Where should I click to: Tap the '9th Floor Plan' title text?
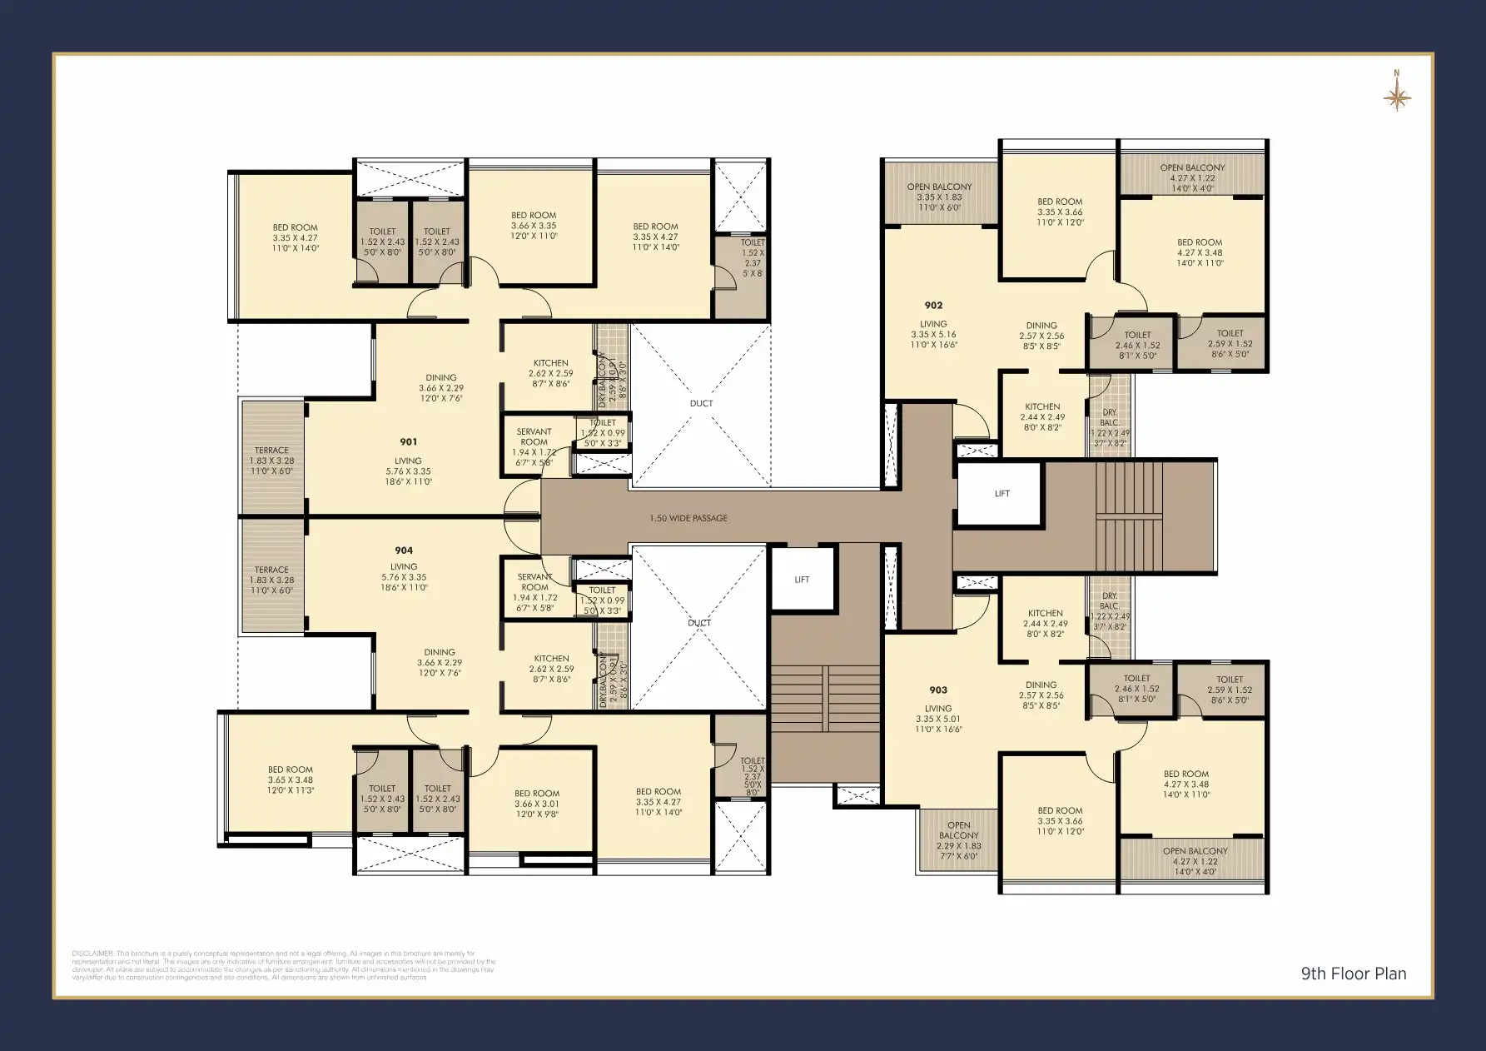[1354, 974]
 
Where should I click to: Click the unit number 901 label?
[408, 442]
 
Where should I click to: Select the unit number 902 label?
[933, 306]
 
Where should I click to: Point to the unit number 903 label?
[938, 690]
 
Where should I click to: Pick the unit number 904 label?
[404, 550]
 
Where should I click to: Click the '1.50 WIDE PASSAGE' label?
[688, 518]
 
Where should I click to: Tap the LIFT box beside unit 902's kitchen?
[1001, 494]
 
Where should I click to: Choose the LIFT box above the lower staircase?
[802, 580]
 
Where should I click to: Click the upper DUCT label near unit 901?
[701, 403]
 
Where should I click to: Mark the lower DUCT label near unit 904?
[699, 623]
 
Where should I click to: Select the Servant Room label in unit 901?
[534, 436]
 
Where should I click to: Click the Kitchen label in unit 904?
[551, 659]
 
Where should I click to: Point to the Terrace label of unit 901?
[271, 451]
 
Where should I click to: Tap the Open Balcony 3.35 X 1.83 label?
[939, 187]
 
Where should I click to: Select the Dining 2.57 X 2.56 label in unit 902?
[1041, 326]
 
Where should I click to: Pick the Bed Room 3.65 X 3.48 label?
[290, 770]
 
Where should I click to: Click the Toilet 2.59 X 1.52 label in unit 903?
[1229, 680]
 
